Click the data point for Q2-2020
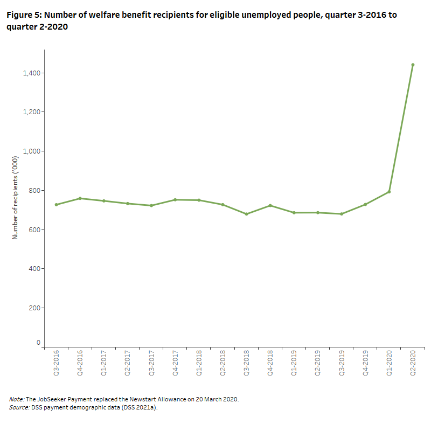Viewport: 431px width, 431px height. pyautogui.click(x=413, y=65)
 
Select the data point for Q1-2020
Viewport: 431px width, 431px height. pyautogui.click(x=389, y=192)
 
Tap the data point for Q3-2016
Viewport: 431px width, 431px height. pyautogui.click(x=56, y=205)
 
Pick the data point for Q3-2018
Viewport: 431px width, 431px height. pyautogui.click(x=246, y=214)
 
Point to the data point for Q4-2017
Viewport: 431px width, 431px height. pyautogui.click(x=175, y=200)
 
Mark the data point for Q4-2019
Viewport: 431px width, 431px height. pyautogui.click(x=365, y=204)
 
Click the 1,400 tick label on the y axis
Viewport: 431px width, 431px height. pyautogui.click(x=31, y=73)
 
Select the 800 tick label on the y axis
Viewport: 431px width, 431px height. pyautogui.click(x=34, y=190)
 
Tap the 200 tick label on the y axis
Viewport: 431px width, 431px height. pyautogui.click(x=34, y=308)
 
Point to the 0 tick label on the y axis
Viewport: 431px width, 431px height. pyautogui.click(x=38, y=342)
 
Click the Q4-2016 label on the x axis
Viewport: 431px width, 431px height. pyautogui.click(x=80, y=364)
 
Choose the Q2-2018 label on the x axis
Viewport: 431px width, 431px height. pyautogui.click(x=223, y=364)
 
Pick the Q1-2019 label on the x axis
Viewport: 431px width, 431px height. pyautogui.click(x=294, y=364)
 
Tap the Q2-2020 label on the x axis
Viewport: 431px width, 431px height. pyautogui.click(x=413, y=364)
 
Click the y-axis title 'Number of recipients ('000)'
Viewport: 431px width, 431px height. pyautogui.click(x=16, y=194)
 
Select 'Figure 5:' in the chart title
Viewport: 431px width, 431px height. pyautogui.click(x=24, y=15)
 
